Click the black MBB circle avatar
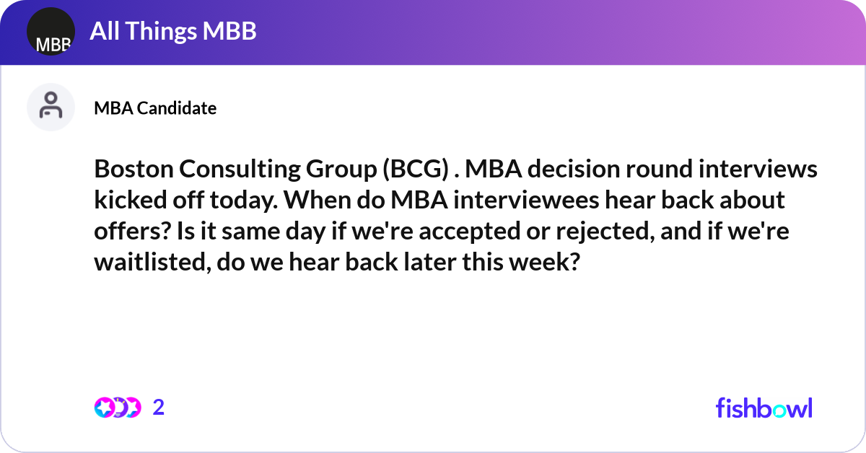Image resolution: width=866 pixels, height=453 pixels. coord(51,32)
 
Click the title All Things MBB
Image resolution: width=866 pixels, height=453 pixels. coord(173,31)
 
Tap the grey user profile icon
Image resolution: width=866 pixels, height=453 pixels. coord(51,107)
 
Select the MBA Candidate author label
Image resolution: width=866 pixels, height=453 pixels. coord(155,108)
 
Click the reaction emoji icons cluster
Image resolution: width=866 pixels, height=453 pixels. coord(118,408)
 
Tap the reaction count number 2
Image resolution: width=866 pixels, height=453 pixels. coord(159,408)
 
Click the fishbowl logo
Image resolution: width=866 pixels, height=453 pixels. coord(764,408)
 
